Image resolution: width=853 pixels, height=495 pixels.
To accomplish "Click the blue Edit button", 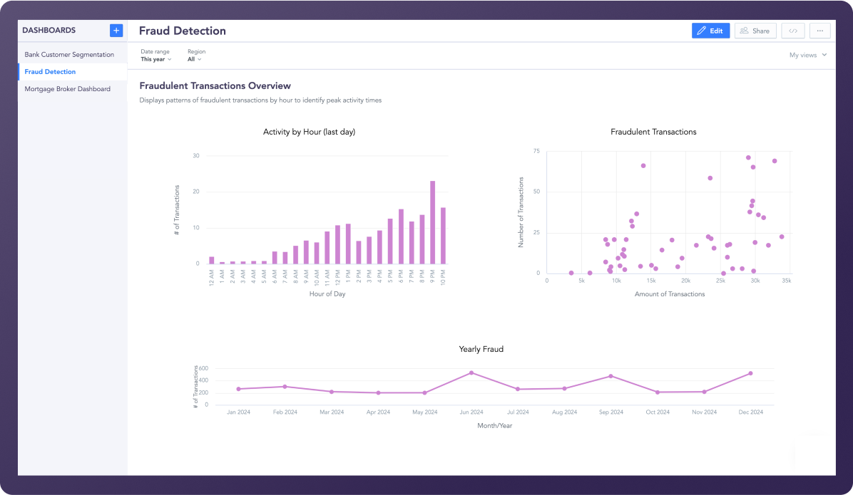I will click(x=710, y=31).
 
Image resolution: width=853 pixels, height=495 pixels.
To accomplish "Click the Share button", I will click(x=755, y=31).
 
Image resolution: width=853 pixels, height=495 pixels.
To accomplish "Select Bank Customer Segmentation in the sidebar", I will click(x=69, y=55).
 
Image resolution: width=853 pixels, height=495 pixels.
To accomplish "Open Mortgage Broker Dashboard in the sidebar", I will click(x=67, y=89).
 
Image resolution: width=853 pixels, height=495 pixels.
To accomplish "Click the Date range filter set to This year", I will click(x=155, y=56).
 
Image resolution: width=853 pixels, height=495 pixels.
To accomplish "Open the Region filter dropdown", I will click(x=195, y=56).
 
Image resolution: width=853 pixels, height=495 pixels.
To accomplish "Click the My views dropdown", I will click(x=807, y=55).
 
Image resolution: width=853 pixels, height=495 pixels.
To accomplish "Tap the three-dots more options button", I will click(x=820, y=31).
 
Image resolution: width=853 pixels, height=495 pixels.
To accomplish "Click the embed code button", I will click(x=793, y=31).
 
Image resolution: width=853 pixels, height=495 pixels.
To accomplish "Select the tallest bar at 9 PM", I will click(x=432, y=222).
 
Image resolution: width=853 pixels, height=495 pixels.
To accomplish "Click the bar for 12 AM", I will click(x=211, y=260).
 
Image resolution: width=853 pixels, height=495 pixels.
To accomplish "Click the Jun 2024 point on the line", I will click(x=471, y=372).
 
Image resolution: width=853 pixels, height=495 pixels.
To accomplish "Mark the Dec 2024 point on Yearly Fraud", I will click(x=750, y=373).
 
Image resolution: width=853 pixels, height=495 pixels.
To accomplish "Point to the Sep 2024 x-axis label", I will click(x=611, y=412).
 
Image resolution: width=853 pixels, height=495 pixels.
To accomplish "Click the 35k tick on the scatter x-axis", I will click(x=786, y=281).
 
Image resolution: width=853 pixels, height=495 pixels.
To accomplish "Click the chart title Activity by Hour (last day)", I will click(x=309, y=132).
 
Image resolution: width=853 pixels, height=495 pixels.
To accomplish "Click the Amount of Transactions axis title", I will click(x=669, y=294).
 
